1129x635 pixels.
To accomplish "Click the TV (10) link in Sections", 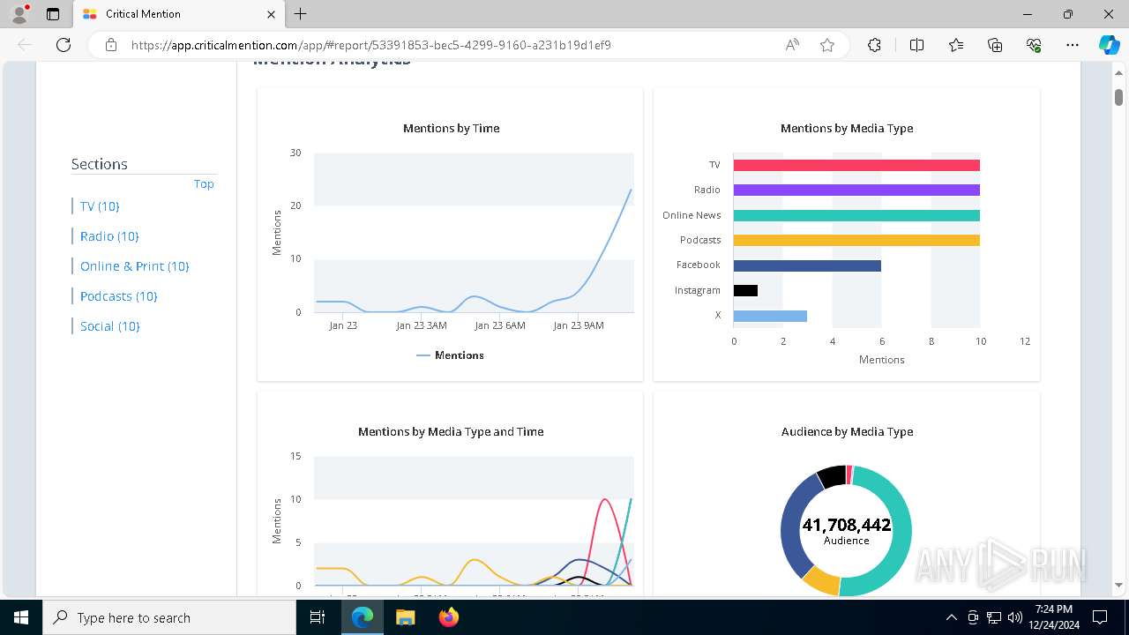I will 100,206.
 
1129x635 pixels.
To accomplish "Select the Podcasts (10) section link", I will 118,296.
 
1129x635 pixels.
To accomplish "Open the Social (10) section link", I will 110,326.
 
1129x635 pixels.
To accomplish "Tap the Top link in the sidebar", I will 204,184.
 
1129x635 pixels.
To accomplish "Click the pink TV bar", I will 856,165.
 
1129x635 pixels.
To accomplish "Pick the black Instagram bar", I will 745,290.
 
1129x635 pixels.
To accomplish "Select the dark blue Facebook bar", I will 807,265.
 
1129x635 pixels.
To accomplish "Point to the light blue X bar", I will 770,316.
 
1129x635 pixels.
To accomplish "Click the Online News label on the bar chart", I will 692,215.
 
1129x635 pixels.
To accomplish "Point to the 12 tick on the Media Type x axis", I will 1025,341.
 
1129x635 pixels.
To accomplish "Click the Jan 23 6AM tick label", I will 500,325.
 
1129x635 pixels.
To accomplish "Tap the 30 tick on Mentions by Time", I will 295,153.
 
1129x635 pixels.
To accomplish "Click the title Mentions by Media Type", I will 847,128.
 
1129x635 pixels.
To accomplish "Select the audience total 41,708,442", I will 846,526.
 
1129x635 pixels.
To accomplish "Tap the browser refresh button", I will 64,45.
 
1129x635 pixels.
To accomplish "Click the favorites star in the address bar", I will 827,45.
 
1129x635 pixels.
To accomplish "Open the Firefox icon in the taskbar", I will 449,617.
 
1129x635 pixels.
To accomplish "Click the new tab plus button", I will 301,14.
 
